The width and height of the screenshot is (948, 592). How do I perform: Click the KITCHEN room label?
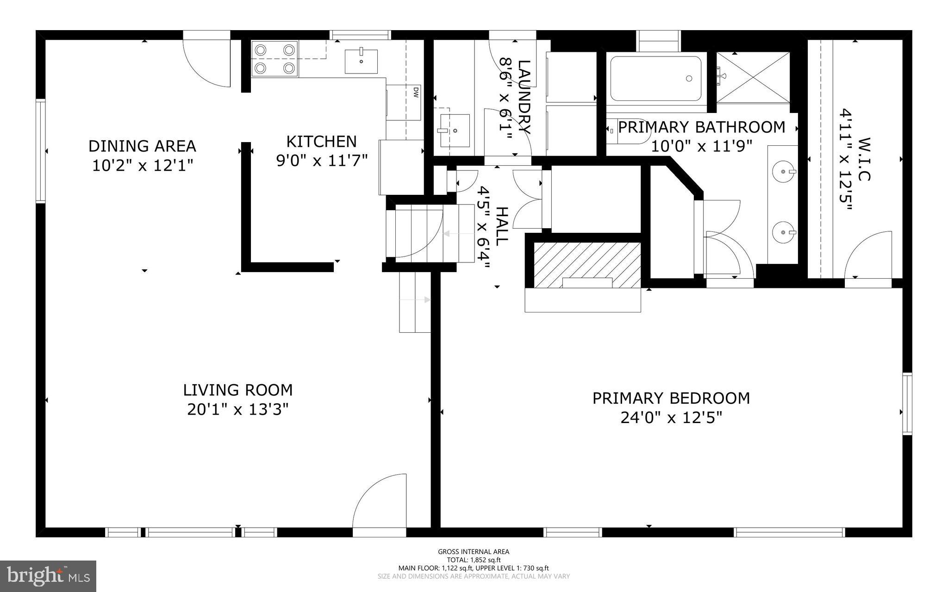(x=321, y=141)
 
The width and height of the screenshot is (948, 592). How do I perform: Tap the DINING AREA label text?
(x=142, y=146)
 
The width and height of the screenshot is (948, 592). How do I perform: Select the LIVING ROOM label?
(x=238, y=390)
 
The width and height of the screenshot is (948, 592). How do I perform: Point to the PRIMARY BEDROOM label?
(x=671, y=398)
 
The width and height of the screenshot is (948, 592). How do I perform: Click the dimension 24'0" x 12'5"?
(x=671, y=418)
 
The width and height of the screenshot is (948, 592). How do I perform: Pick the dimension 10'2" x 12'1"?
(x=142, y=165)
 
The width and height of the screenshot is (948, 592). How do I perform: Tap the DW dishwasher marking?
(x=416, y=93)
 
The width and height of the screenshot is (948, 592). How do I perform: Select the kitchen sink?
(x=361, y=61)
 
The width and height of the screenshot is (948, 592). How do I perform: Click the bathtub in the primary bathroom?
(x=655, y=79)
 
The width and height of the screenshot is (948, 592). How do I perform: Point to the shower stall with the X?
(x=753, y=77)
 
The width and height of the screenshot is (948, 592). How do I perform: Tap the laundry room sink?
(x=455, y=131)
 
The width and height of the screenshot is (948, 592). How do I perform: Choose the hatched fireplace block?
(x=587, y=264)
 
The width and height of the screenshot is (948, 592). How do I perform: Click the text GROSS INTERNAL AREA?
(x=474, y=551)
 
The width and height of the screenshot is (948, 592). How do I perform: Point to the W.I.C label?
(x=864, y=159)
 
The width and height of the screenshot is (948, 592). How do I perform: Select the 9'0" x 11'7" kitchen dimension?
(x=322, y=161)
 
